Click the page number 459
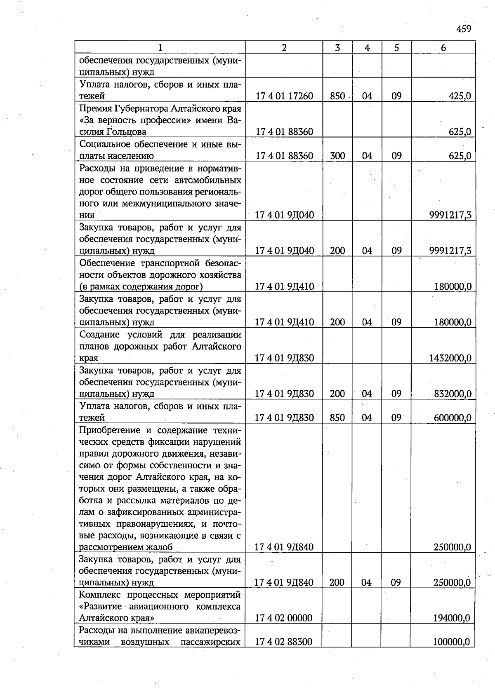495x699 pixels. click(x=464, y=29)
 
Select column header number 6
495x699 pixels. click(x=443, y=47)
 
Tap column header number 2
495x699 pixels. click(x=284, y=47)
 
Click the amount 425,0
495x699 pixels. click(x=460, y=96)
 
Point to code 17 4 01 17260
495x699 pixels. click(x=284, y=96)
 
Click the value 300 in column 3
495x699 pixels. click(x=337, y=156)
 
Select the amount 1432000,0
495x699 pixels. click(x=450, y=358)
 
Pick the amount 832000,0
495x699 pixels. click(x=452, y=394)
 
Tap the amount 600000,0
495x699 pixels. click(x=452, y=418)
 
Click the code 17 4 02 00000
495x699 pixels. click(x=283, y=618)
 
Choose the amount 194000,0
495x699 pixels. click(x=451, y=618)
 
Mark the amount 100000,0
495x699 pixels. click(x=451, y=642)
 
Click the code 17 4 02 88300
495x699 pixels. click(x=283, y=642)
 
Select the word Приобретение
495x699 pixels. click(x=109, y=430)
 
